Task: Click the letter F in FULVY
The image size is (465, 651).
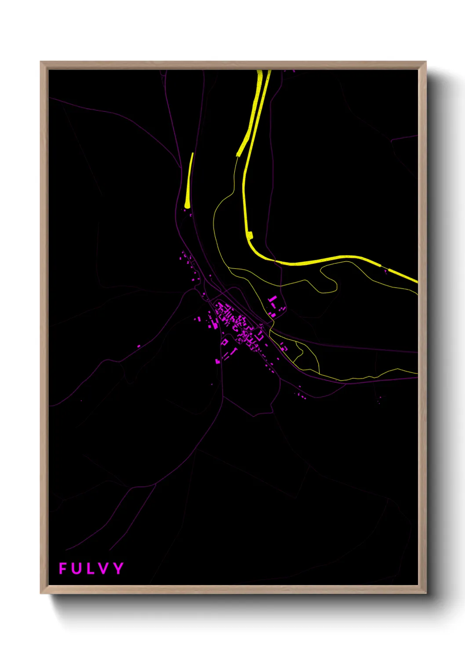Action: (63, 568)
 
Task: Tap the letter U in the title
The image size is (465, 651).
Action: (76, 568)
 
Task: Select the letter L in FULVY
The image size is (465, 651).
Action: (90, 568)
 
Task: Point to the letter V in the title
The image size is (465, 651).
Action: (103, 568)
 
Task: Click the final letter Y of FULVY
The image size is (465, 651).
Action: (118, 568)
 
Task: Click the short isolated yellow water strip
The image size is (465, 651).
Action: (189, 180)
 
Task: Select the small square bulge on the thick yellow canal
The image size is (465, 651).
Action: (250, 235)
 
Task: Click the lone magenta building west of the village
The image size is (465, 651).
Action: (139, 346)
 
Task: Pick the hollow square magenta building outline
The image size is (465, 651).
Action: (225, 342)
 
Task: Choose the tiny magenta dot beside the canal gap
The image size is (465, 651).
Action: (385, 271)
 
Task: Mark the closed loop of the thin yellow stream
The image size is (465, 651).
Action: (330, 282)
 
